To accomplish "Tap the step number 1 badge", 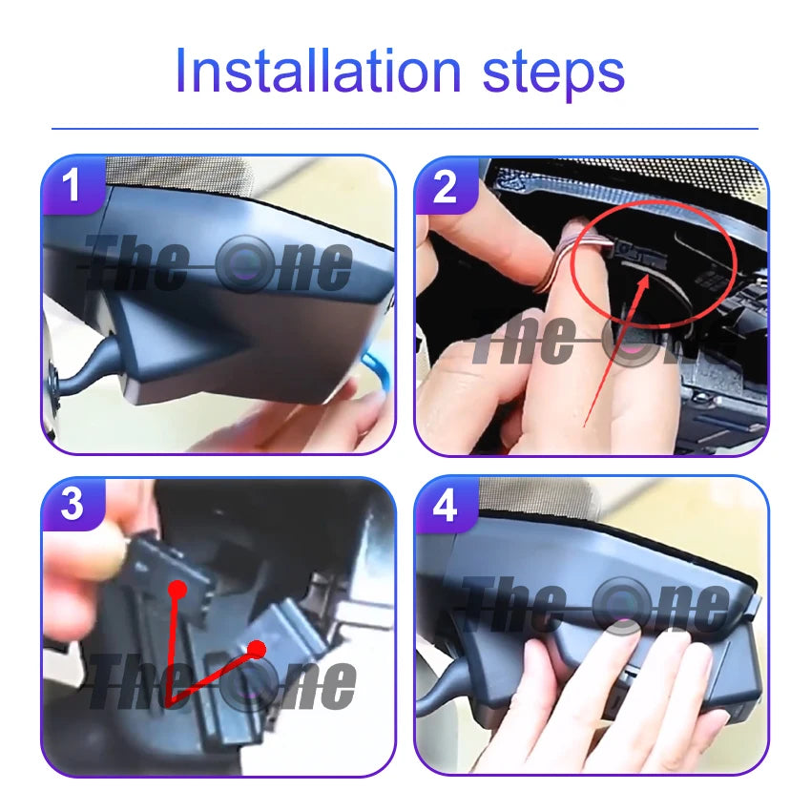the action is pos(72,184).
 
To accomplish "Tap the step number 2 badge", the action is pos(446,186).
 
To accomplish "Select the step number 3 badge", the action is pos(72,504).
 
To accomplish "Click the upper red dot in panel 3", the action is pos(177,589).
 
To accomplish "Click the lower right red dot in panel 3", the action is pos(257,649).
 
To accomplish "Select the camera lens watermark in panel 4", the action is pos(622,606).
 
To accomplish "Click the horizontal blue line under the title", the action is pos(405,128).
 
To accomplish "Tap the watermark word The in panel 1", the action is pos(135,262).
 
